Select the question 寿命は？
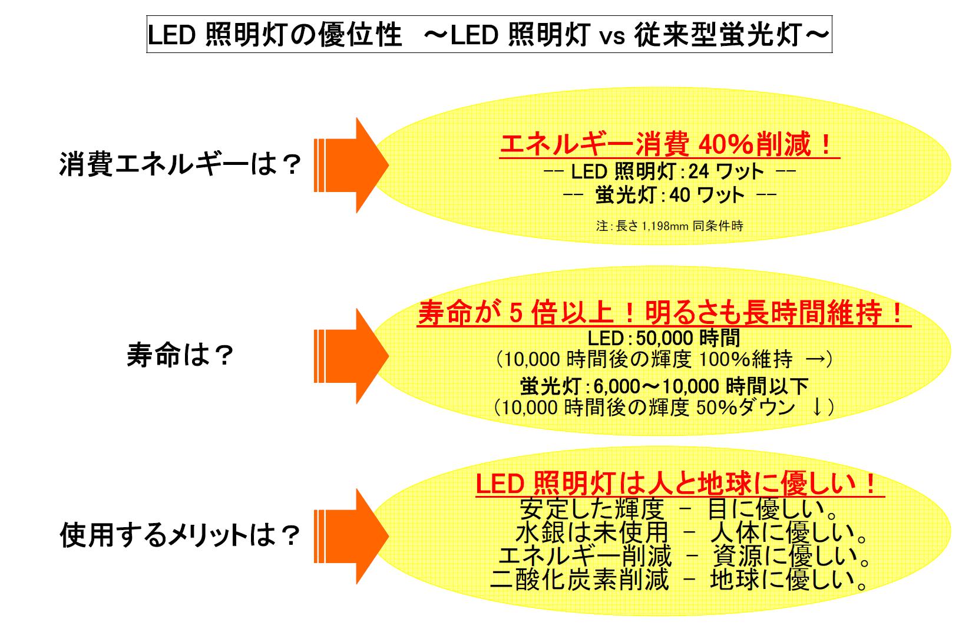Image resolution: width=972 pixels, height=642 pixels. click(181, 356)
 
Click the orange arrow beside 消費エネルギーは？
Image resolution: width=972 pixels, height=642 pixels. click(350, 165)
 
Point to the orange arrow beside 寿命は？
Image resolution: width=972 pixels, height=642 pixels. click(350, 356)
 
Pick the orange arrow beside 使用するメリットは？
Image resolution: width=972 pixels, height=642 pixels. click(350, 535)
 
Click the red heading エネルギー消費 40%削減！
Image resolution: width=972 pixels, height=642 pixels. click(669, 145)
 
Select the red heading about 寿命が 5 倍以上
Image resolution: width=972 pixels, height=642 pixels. click(663, 314)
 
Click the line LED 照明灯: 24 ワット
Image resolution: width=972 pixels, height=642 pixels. click(669, 172)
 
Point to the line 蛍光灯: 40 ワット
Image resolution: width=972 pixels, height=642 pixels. click(669, 196)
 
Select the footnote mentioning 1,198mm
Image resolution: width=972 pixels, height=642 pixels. click(669, 226)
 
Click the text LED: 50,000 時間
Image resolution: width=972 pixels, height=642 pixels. click(664, 338)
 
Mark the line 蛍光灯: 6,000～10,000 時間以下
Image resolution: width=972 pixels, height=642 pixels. click(664, 387)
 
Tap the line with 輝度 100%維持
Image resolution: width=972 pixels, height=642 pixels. click(664, 359)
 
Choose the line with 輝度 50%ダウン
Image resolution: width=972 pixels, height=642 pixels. click(664, 408)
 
